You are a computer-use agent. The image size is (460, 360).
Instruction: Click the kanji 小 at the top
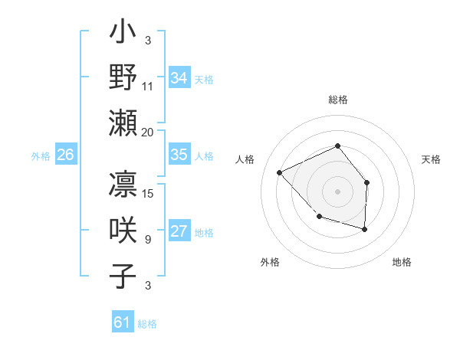123,34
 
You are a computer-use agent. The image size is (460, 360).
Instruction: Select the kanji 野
123,78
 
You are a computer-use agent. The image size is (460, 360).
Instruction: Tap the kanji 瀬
123,123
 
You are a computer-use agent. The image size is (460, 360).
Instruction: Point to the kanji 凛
123,186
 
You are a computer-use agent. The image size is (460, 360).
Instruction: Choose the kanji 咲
123,231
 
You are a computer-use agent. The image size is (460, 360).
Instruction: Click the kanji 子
123,275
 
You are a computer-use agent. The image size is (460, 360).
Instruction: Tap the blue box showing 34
179,78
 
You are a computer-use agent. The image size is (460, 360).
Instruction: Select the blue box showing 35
179,155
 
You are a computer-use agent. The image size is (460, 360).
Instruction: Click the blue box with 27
179,232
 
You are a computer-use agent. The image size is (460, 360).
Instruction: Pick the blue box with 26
65,155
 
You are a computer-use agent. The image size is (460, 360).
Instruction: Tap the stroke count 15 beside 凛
149,195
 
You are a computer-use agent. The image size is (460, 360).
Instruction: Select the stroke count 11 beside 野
148,87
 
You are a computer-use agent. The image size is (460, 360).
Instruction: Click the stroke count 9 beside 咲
148,240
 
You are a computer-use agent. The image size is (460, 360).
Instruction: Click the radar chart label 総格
338,100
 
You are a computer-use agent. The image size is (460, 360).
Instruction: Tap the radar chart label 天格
432,159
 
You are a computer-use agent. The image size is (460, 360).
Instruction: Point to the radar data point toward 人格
280,172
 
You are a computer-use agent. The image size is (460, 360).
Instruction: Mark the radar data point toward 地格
365,229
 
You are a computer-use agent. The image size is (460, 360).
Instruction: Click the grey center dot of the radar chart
337,191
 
